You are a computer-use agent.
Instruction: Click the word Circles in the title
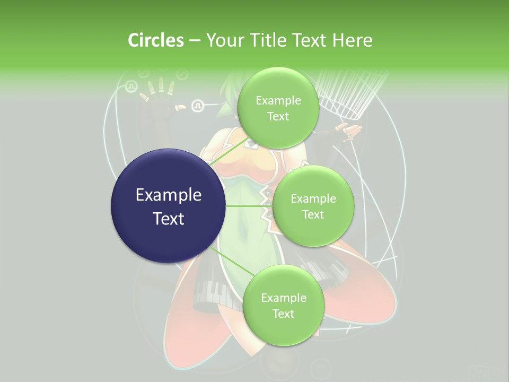156,40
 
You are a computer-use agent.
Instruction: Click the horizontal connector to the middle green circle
249,206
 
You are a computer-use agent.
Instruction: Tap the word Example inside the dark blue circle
169,195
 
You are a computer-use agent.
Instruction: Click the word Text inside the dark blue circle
169,219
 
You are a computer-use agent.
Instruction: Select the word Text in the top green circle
278,117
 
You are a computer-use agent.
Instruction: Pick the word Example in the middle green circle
313,199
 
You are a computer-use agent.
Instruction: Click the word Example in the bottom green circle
283,298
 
